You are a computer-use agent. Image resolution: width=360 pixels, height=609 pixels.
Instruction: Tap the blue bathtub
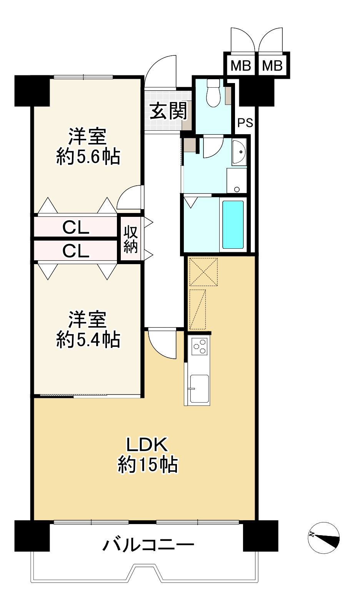pyautogui.click(x=233, y=225)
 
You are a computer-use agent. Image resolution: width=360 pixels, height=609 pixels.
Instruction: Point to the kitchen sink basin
pyautogui.click(x=199, y=389)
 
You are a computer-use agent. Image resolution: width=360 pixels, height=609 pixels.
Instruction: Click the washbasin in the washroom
pyautogui.click(x=239, y=151)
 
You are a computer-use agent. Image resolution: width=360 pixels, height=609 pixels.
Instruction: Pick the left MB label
pyautogui.click(x=240, y=66)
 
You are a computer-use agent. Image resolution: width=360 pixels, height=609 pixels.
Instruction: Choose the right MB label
pyautogui.click(x=272, y=66)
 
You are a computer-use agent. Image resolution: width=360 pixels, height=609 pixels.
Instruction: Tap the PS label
pyautogui.click(x=245, y=123)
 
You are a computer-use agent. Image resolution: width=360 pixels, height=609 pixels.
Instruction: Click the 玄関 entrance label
pyautogui.click(x=168, y=111)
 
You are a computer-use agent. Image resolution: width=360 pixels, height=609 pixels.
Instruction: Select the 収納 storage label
pyautogui.click(x=131, y=239)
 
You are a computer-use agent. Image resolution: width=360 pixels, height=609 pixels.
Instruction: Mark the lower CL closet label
pyautogui.click(x=76, y=251)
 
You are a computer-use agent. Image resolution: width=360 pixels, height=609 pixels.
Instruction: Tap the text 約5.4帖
pyautogui.click(x=88, y=339)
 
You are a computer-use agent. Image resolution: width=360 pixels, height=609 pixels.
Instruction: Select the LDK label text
pyautogui.click(x=147, y=444)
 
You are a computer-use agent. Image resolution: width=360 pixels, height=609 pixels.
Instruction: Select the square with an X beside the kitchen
pyautogui.click(x=204, y=272)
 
